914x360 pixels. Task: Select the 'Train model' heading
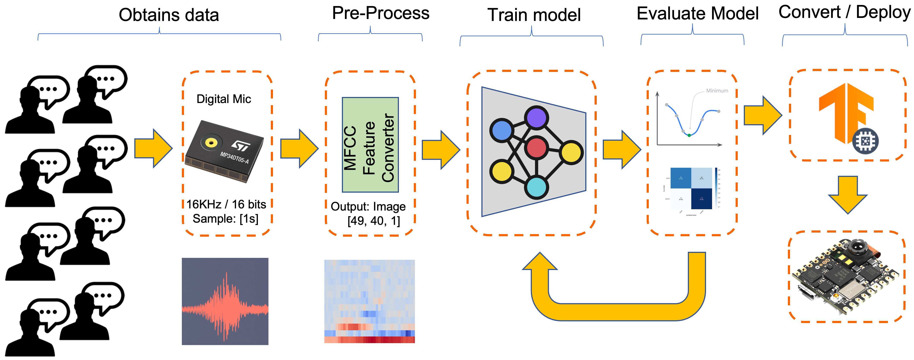(534, 15)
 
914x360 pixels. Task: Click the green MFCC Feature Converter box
(370, 145)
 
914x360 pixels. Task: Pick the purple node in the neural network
(536, 118)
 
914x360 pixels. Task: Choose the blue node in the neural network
(502, 130)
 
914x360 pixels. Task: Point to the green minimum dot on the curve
(689, 135)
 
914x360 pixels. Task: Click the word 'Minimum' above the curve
(717, 91)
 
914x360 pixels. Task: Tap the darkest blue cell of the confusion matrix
(701, 199)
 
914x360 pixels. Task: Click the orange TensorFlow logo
(844, 110)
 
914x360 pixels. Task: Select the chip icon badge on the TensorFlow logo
(865, 141)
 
